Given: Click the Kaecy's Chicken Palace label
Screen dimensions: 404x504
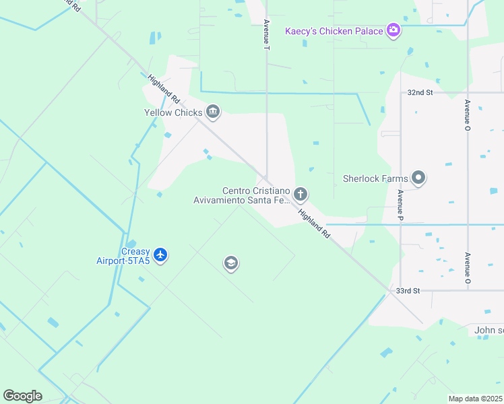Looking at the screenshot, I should point(333,30).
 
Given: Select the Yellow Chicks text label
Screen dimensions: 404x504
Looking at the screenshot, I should point(172,112).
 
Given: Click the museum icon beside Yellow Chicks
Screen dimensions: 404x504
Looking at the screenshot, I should point(213,112).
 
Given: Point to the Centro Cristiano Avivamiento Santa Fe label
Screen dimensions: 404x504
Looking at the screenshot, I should point(241,195).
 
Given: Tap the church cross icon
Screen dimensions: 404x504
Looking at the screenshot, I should point(301,195).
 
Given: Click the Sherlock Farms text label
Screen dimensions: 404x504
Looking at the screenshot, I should point(375,178).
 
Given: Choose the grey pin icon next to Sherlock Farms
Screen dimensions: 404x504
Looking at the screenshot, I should point(418,178).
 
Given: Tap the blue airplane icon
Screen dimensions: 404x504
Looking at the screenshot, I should point(160,255).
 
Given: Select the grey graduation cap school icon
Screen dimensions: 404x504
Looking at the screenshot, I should point(230,263).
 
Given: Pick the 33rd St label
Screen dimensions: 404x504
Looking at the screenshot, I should point(408,290).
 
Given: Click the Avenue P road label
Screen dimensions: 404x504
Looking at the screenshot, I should point(400,205).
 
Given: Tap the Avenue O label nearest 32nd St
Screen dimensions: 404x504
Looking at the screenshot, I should point(466,114).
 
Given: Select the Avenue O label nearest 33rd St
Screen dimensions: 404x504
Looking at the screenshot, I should point(466,267).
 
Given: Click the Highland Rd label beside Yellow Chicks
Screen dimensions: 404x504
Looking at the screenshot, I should point(164,88).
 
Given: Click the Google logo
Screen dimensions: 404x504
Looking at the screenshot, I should point(22,396).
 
